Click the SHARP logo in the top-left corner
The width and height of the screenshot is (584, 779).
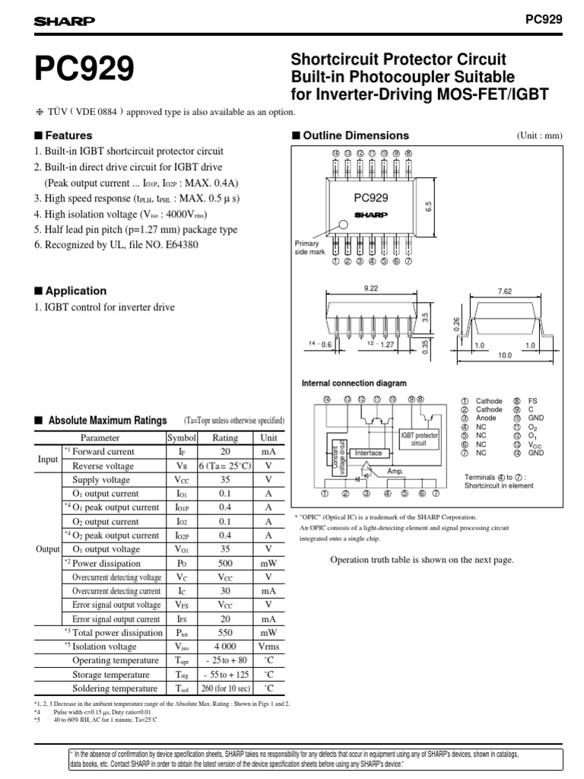coord(63,21)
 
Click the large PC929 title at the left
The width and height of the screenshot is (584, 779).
coord(84,70)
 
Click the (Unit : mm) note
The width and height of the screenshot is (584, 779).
coord(539,136)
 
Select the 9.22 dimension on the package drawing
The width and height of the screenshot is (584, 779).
coord(371,289)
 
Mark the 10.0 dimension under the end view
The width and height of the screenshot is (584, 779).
coord(504,355)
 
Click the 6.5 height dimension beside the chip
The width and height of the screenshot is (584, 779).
coord(428,206)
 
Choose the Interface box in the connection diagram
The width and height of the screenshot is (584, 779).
coord(368,453)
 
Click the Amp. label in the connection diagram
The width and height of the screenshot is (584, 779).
coord(395,472)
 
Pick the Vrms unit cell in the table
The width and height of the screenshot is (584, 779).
coord(268,647)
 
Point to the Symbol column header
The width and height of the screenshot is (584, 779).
coord(182,438)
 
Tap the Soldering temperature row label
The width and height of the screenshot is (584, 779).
coord(116,689)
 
